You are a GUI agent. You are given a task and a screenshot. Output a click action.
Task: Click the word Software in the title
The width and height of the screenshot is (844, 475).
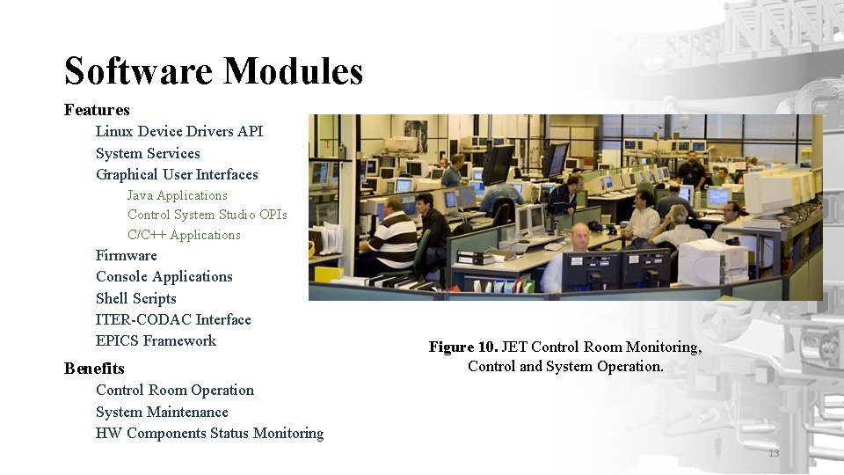pos(138,71)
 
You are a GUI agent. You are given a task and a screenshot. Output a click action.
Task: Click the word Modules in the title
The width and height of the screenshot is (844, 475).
pos(293,71)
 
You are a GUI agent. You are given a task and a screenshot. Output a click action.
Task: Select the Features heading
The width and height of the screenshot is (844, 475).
pos(97,110)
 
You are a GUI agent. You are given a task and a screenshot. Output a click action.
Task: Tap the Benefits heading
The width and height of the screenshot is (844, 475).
pos(94,369)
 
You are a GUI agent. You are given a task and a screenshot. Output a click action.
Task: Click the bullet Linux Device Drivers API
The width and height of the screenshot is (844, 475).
pos(179,132)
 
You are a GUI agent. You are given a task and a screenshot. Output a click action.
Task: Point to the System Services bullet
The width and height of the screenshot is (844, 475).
pos(148,153)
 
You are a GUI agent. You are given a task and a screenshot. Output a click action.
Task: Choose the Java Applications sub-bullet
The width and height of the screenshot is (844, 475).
pos(177,195)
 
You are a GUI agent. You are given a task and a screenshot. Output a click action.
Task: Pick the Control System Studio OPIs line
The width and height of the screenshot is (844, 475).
pos(207,215)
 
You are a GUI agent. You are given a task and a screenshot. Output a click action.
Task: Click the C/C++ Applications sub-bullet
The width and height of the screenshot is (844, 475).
pos(184,235)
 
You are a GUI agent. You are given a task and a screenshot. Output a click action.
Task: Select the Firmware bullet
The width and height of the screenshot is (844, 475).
pos(127,256)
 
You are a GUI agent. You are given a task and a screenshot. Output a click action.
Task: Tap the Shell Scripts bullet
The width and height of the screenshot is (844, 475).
pos(136,298)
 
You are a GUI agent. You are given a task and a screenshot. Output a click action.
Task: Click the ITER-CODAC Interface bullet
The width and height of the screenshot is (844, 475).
pos(173,319)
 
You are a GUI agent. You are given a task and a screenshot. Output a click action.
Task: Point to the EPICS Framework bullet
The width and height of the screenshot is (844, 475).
pos(156,340)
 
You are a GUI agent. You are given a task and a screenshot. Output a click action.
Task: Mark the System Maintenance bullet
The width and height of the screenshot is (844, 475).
pos(162,412)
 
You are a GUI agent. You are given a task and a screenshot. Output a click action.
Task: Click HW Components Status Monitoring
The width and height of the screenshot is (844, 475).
pos(209,433)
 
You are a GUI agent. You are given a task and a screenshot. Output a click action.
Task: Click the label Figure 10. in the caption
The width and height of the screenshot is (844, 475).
pos(463,347)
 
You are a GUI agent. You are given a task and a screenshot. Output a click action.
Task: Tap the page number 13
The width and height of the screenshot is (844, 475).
pos(774,453)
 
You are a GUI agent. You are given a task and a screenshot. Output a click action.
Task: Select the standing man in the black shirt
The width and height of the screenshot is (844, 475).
pos(692,172)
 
